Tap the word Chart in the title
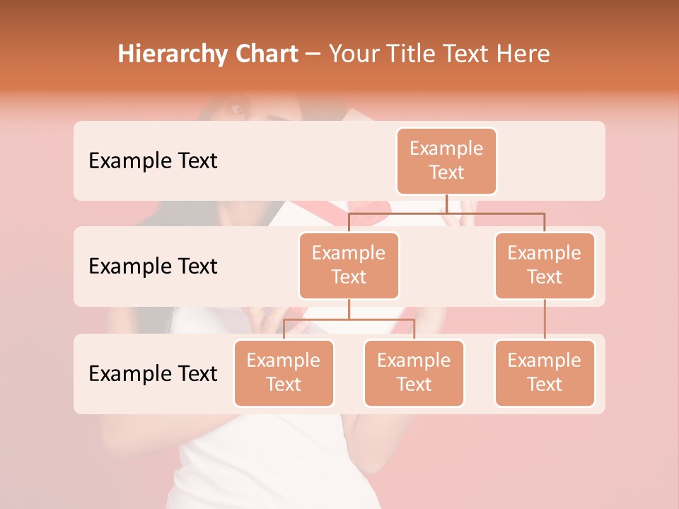[265, 54]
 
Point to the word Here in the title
[523, 54]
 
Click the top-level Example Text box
[446, 161]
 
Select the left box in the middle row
[349, 266]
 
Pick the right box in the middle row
[545, 266]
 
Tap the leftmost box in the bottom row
[284, 373]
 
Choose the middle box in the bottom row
[414, 373]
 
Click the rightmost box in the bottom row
[545, 373]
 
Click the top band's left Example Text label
[153, 161]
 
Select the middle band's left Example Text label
[153, 267]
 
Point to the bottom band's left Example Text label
[153, 373]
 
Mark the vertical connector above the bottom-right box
[545, 320]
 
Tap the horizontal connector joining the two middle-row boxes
[446, 212]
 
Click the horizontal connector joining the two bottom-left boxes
[349, 320]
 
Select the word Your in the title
[352, 54]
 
